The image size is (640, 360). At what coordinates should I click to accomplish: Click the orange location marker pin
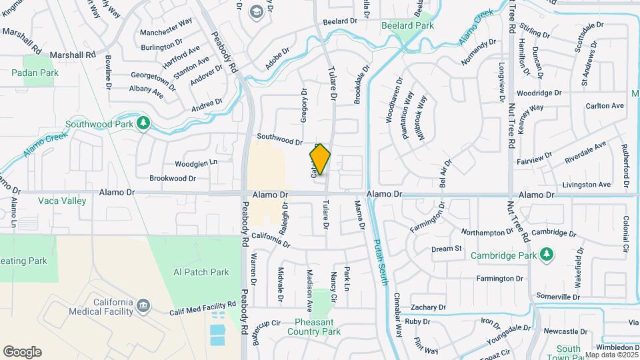pos(320,159)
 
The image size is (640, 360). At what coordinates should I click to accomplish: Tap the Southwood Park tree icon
pos(143,123)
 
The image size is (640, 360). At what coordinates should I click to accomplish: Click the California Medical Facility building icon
pos(143,307)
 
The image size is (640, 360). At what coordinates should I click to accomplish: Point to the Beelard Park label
pos(407,25)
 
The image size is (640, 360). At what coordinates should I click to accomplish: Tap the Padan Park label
pos(40,73)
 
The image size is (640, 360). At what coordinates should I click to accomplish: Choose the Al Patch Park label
pos(201,272)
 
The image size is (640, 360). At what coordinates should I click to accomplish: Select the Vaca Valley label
pos(62,201)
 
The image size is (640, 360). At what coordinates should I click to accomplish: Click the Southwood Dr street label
pos(279,139)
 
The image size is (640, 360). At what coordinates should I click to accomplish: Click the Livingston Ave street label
pos(586,185)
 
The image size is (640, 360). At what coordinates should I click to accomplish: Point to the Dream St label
pos(447,249)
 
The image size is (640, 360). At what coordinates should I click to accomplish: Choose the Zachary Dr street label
pos(427,307)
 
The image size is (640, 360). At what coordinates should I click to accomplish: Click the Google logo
pos(22,352)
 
